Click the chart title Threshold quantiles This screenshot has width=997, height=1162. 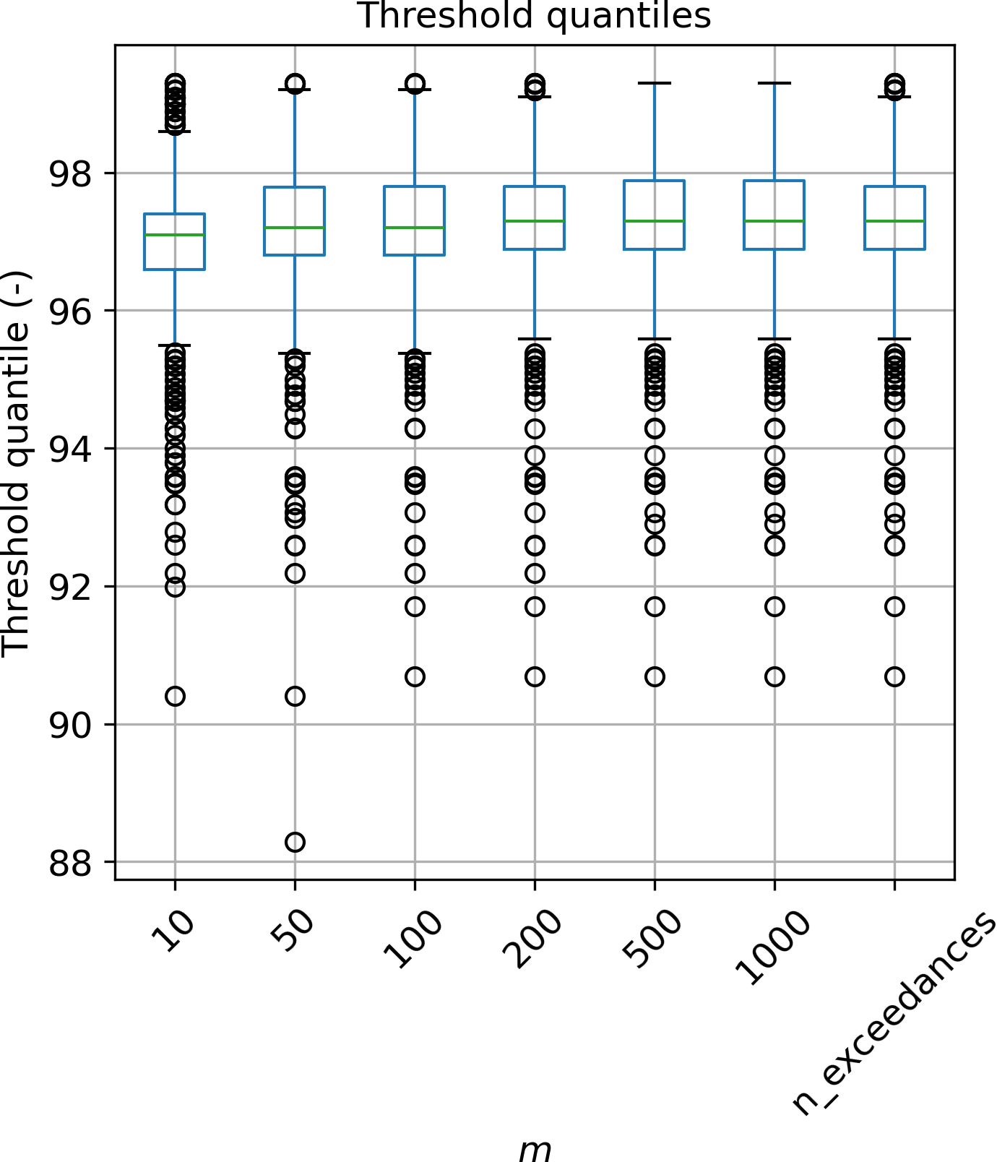pos(535,16)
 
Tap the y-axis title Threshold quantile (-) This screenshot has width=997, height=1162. pos(16,463)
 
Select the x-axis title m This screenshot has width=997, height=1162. pos(535,1148)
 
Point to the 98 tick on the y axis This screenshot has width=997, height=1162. pos(72,173)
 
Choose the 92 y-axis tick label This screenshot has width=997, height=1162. pos(72,587)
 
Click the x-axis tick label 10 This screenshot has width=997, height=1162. pos(173,932)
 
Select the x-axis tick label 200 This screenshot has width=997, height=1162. pos(535,939)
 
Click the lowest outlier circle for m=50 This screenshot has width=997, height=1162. pos(295,842)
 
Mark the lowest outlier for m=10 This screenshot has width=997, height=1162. pos(175,696)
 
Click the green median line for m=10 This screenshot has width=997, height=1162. pos(175,235)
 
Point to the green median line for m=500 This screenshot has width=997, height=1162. pos(655,220)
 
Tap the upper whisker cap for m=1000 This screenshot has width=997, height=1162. pos(774,83)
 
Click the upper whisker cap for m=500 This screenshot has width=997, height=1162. pos(655,83)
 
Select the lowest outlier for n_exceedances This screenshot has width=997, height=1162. pos(895,677)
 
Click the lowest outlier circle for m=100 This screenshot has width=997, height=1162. pos(415,677)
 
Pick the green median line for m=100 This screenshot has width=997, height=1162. pos(415,228)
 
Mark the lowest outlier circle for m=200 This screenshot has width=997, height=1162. pos(535,677)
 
